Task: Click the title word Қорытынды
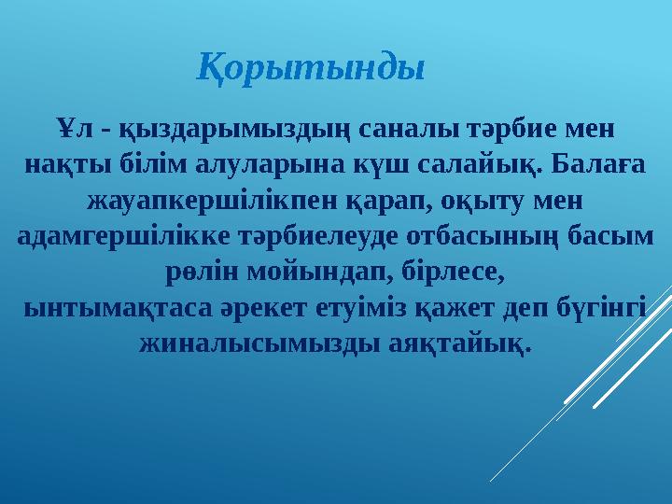pyautogui.click(x=312, y=67)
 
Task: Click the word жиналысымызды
pyautogui.click(x=248, y=344)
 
